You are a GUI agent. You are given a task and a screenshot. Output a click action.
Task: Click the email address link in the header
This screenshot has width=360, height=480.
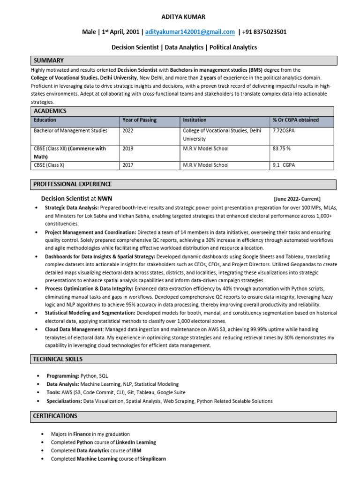(190, 32)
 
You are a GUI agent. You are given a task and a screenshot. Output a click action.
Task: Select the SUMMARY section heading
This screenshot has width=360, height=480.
(48, 60)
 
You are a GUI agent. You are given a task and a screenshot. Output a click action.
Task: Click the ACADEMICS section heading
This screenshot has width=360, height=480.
(50, 111)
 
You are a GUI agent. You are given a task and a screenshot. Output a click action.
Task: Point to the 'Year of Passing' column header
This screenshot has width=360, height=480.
(139, 120)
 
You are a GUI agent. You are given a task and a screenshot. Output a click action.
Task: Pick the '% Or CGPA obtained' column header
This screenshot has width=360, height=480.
(295, 120)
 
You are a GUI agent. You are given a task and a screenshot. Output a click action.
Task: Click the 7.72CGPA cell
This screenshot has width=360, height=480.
(284, 131)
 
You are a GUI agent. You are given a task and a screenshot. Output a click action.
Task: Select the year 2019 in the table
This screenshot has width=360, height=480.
(128, 149)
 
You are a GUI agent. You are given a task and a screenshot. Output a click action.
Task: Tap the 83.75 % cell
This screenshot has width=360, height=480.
(282, 149)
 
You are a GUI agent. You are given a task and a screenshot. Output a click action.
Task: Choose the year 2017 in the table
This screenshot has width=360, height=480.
(128, 165)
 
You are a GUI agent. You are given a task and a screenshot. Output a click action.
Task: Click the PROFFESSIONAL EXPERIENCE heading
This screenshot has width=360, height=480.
(72, 184)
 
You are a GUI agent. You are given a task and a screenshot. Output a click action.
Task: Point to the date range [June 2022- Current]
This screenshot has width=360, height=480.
(297, 199)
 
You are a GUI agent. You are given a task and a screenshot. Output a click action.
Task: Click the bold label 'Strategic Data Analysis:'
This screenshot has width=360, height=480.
(72, 208)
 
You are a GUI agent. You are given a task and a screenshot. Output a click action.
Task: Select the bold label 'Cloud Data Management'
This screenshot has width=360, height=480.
(75, 330)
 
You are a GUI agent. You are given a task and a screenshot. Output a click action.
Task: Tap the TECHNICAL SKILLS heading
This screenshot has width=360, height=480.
(58, 359)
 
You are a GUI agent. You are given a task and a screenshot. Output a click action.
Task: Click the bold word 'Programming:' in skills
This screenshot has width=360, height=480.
(63, 376)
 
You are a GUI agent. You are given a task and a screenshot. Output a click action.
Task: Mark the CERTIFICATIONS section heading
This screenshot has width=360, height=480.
(55, 416)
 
